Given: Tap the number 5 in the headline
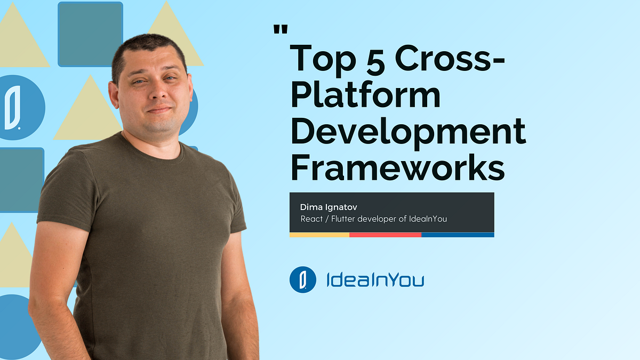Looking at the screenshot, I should pos(377,58).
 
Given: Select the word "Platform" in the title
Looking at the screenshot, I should pos(365,96).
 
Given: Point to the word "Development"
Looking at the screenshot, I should pos(408,133).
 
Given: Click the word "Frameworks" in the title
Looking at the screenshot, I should pos(397,167).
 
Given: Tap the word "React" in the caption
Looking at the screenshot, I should pos(312,219).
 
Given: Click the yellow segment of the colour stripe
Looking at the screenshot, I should pos(319,235).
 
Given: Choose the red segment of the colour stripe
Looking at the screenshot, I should pos(385,235).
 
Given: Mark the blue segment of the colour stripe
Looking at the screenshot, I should pos(458,235).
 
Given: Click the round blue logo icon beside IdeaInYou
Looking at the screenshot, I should pos(303,279).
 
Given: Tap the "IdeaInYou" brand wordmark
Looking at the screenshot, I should pos(375,280).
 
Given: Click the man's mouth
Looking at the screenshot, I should pos(158,109).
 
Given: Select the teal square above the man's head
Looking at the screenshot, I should pos(90,34).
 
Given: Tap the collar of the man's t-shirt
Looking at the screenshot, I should pos(155,152).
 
